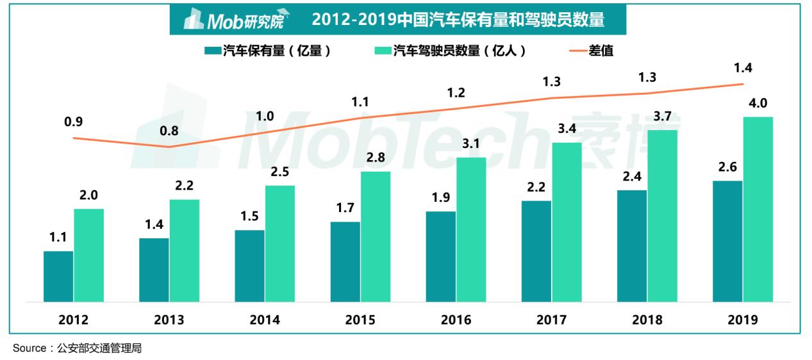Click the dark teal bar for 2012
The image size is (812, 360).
58,276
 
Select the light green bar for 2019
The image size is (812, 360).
758,209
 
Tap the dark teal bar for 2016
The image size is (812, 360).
441,256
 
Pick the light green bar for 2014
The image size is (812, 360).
280,243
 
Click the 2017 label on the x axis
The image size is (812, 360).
551,320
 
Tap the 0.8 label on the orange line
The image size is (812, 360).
169,131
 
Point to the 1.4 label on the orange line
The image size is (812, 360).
743,67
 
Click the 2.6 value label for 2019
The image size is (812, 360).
727,167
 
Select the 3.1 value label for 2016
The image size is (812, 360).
471,143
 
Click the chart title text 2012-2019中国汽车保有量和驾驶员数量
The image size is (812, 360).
458,20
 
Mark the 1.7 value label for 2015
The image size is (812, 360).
345,208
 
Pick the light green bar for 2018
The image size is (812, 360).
662,215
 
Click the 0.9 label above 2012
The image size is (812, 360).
74,122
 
